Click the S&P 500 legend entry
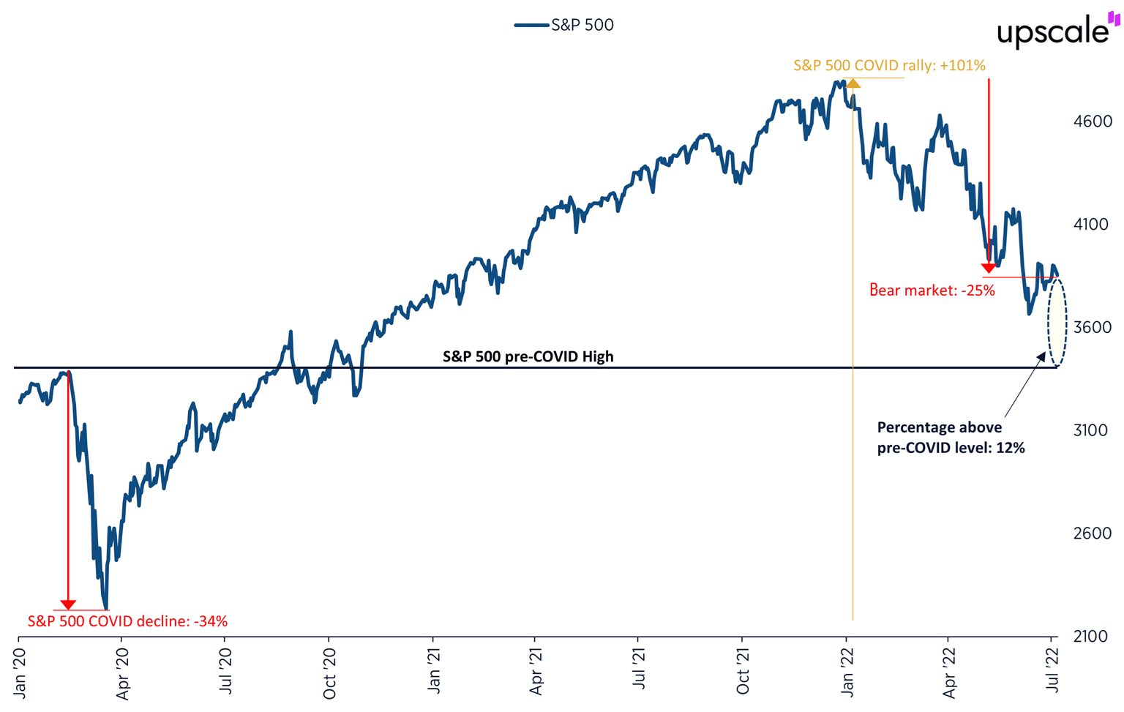[565, 25]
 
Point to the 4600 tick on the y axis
[1092, 121]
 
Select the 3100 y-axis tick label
[1092, 430]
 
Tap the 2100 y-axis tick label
[1092, 637]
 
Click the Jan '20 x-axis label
[20, 668]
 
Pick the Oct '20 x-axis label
[330, 669]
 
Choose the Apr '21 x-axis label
[536, 669]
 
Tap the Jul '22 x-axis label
[1053, 668]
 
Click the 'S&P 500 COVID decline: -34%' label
[127, 621]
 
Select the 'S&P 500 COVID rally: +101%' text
[889, 66]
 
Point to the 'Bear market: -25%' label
[932, 291]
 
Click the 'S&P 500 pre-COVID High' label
[528, 356]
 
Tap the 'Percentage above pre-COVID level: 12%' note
[951, 438]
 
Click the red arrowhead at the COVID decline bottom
[68, 604]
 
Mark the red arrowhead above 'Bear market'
[989, 268]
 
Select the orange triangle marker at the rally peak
[853, 83]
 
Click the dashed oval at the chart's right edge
[1057, 323]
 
